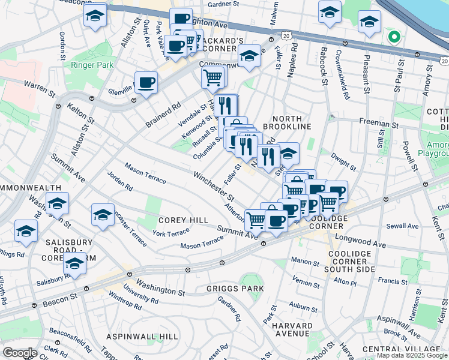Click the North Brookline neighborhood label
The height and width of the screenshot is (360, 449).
pos(292,122)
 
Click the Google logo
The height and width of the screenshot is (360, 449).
pos(20,353)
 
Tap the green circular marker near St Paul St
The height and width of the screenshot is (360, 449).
pos(394,37)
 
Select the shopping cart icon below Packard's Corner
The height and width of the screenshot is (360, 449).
pos(212,77)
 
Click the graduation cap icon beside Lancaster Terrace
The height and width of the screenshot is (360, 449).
pos(103,214)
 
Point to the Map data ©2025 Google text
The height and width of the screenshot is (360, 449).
pos(412,355)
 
